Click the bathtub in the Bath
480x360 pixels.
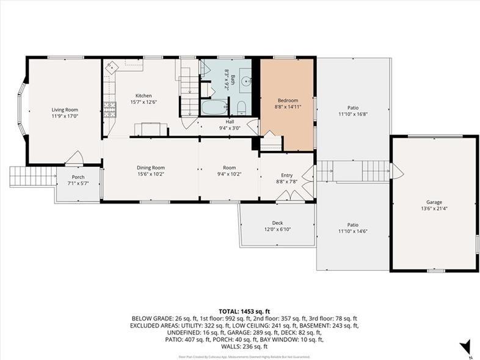point(214,108)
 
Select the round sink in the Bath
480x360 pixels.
point(245,79)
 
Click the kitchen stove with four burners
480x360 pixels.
point(109,109)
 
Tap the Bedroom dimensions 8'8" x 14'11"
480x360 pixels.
point(288,107)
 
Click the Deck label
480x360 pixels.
point(277,223)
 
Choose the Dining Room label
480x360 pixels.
point(150,168)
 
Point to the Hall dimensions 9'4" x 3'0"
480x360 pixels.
point(230,128)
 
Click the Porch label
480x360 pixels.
point(79,177)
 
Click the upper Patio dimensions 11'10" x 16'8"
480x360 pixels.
point(353,114)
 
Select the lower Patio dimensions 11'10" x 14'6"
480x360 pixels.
point(353,231)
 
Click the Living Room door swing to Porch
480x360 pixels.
point(75,158)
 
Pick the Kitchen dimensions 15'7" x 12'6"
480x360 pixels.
point(144,103)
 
